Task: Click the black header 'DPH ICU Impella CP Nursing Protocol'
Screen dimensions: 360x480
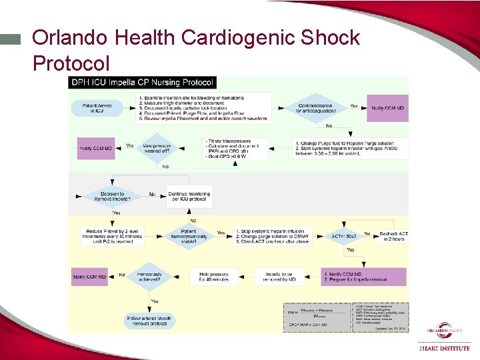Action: coord(143,82)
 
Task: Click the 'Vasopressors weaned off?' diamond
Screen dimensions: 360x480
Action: coord(157,147)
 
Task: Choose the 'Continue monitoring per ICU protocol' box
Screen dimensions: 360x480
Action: coord(189,195)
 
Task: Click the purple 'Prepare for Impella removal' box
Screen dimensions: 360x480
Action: coord(364,276)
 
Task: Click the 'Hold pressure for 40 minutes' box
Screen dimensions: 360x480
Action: coord(213,276)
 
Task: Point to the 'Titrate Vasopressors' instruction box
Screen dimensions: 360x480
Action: coord(235,148)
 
